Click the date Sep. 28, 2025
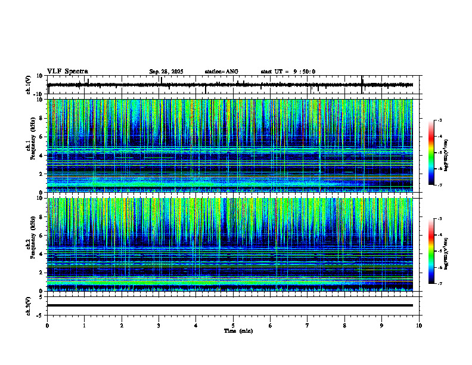tap(166, 72)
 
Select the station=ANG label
tap(222, 72)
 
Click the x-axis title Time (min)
tap(238, 330)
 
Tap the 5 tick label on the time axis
tap(233, 326)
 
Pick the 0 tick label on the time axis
tap(47, 326)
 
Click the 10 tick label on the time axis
tap(419, 326)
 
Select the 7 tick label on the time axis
tap(308, 326)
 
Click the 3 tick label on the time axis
tap(159, 326)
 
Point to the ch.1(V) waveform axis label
tap(28, 85)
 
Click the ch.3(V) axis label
tap(28, 305)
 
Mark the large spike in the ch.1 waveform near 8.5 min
tap(362, 83)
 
